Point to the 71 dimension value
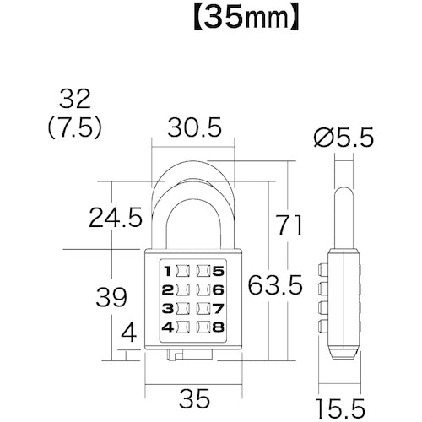(290, 224)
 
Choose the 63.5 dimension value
(275, 285)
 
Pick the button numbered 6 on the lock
(210, 289)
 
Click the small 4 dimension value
(129, 334)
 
